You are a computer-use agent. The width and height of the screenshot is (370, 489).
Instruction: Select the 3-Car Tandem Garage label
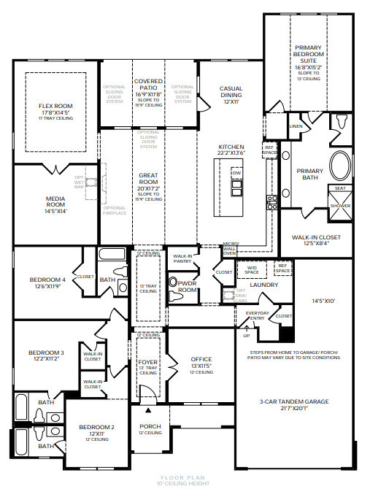pos(294,401)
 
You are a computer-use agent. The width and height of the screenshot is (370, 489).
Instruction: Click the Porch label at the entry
pos(150,428)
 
